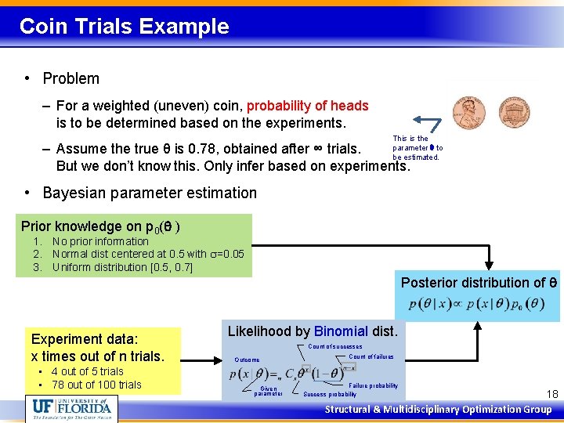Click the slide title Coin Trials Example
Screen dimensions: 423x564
click(x=124, y=27)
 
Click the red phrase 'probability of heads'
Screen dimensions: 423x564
click(x=307, y=106)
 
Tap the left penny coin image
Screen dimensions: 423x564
click(x=468, y=114)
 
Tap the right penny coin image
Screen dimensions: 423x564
click(x=513, y=114)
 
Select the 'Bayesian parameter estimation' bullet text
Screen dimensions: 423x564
click(x=149, y=193)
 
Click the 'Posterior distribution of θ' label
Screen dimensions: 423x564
click(x=479, y=283)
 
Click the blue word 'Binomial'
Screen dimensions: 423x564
click(x=341, y=331)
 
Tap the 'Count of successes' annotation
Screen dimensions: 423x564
click(x=334, y=346)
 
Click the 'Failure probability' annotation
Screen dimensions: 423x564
click(x=373, y=385)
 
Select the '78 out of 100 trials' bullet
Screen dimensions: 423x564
click(x=96, y=385)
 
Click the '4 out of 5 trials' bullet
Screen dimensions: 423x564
click(x=87, y=371)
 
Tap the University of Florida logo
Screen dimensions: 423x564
click(x=72, y=408)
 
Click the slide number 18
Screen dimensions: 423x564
click(x=551, y=394)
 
